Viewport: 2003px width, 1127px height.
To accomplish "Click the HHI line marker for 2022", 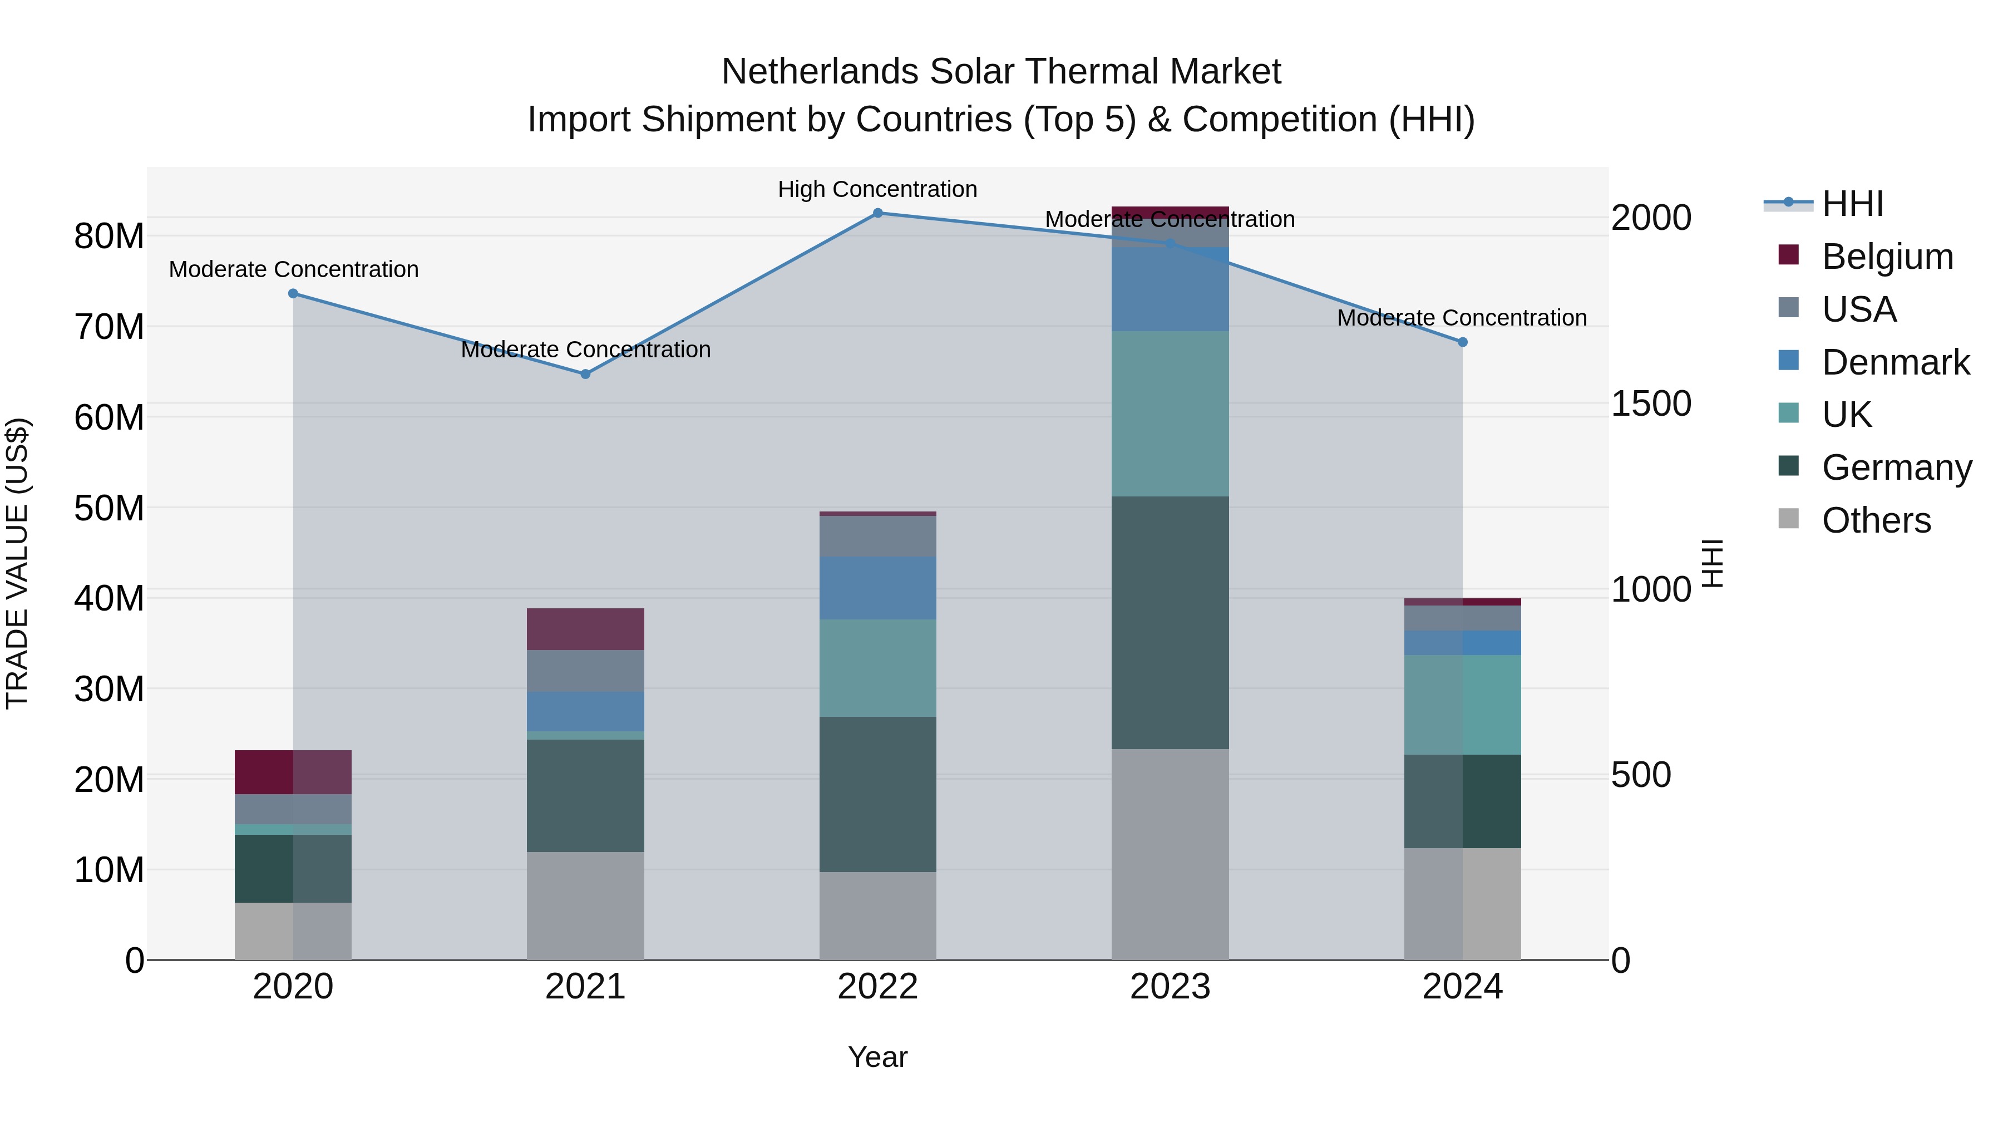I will tap(878, 213).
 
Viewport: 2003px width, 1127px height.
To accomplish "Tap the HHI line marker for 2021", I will tap(585, 374).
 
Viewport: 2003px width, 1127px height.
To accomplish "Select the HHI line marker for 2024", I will tap(1463, 342).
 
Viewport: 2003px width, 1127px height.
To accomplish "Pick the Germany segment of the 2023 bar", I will tap(1170, 622).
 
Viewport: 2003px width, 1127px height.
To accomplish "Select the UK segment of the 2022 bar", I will tap(878, 667).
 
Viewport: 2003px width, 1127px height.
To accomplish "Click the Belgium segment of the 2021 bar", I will tap(585, 628).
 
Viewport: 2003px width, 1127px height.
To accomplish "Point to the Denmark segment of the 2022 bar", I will tap(878, 588).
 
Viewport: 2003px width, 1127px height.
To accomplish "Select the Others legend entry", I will tap(1876, 520).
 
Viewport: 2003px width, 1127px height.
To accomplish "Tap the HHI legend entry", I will tap(1852, 204).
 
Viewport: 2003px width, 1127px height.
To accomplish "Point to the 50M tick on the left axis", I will tap(109, 509).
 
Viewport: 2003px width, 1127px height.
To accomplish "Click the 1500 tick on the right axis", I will tap(1650, 403).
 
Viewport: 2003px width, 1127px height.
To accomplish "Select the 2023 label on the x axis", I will tap(1170, 987).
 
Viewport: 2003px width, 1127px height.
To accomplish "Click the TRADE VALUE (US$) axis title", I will tap(17, 563).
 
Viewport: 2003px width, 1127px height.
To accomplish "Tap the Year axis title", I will tap(878, 1057).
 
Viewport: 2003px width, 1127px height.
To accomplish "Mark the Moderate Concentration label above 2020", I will tap(294, 269).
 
